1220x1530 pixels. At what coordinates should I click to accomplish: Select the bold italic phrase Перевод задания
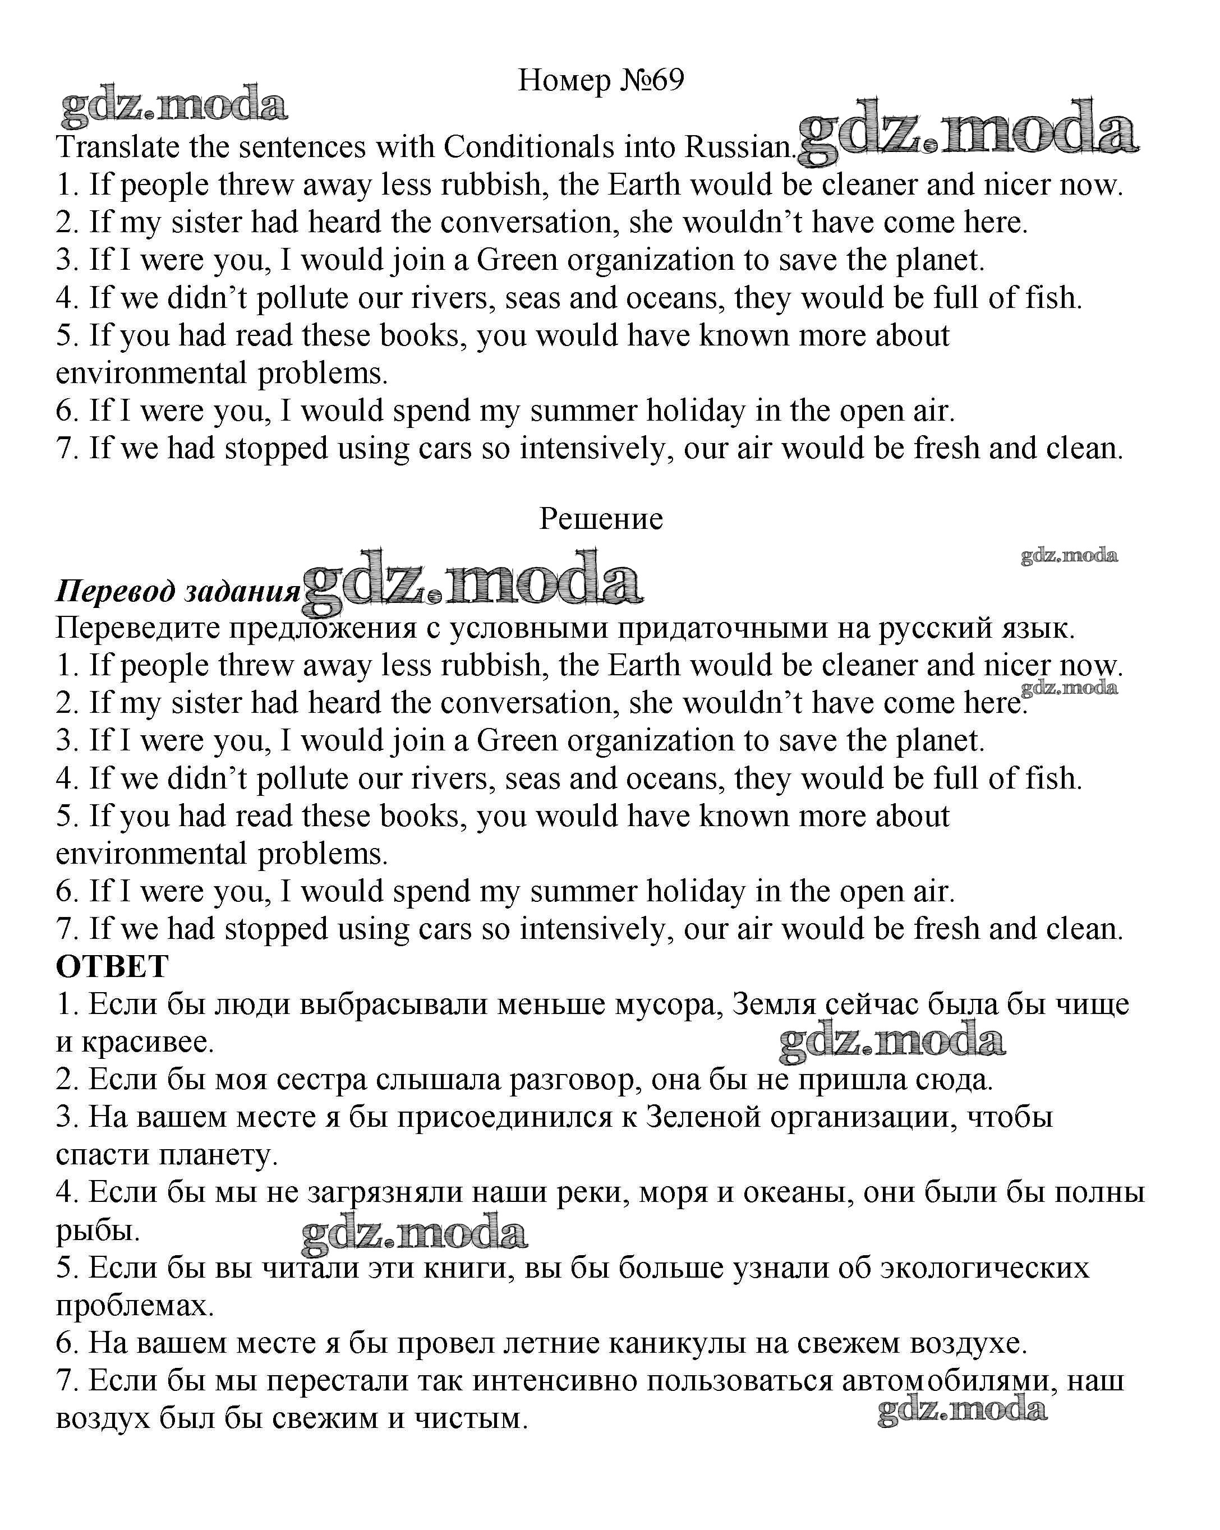[177, 591]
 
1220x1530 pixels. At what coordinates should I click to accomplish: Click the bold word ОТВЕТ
[112, 966]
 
